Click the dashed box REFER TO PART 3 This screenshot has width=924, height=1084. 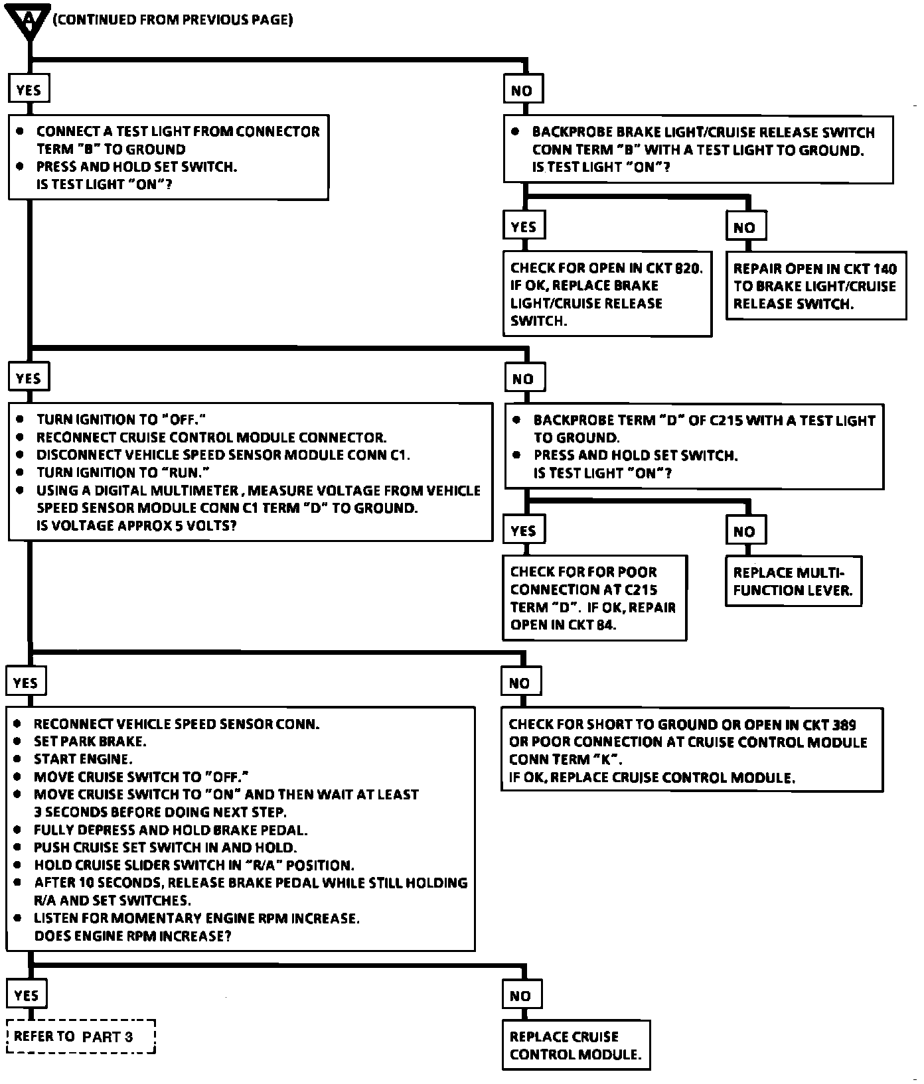coord(80,1036)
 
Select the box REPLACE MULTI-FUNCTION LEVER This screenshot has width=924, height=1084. coord(793,581)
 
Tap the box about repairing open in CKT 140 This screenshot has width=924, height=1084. coord(815,286)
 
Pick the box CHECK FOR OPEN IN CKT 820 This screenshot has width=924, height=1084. coord(607,294)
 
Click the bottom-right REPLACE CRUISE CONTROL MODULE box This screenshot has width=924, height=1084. coord(576,1045)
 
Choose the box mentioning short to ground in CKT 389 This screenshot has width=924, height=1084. coord(692,750)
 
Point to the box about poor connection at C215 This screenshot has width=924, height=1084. coord(594,598)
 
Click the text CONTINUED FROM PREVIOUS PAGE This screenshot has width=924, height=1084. coord(173,20)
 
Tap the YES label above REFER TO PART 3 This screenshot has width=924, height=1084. coord(27,995)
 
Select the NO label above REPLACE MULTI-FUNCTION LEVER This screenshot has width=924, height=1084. coord(745,531)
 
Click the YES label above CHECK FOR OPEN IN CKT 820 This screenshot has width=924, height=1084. coord(524,227)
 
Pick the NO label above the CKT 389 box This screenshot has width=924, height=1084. coord(520,683)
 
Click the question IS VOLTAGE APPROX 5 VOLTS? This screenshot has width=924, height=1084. coord(137,526)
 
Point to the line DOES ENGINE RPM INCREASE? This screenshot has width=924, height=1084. coord(133,936)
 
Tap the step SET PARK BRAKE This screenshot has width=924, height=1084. coord(90,742)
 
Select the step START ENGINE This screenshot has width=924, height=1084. coord(83,759)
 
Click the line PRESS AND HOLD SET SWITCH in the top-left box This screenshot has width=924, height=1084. coord(137,167)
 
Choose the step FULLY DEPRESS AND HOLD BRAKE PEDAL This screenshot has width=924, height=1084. coord(171,830)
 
